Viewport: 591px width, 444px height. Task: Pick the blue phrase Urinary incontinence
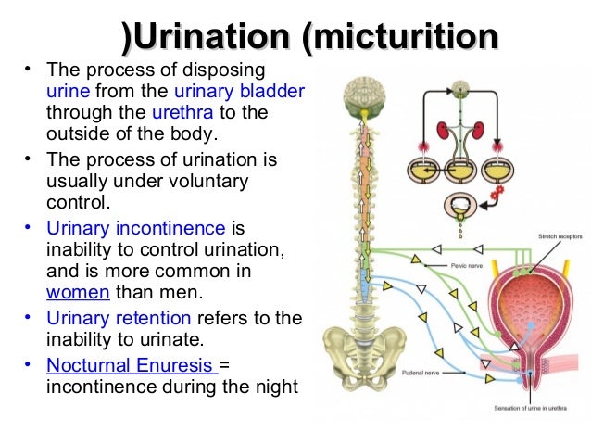135,228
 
